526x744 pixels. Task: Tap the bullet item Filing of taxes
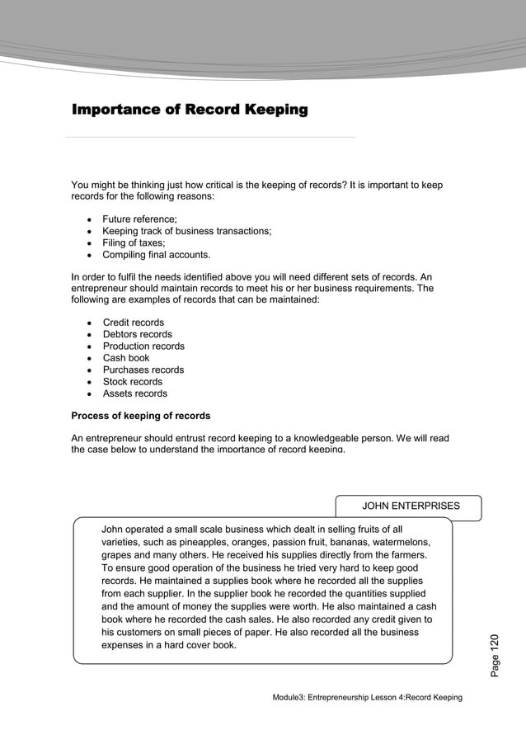click(134, 243)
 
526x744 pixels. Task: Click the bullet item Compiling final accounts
click(156, 254)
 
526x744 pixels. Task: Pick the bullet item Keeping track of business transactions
click(186, 231)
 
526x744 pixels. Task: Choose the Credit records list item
click(133, 323)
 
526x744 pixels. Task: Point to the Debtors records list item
click(137, 334)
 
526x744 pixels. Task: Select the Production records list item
click(143, 346)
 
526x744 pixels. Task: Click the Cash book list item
click(126, 358)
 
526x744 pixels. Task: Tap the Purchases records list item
click(143, 370)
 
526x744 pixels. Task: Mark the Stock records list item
click(133, 382)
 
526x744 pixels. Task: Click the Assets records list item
click(134, 393)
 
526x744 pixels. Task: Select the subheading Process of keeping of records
click(140, 415)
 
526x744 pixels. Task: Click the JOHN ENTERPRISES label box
click(411, 506)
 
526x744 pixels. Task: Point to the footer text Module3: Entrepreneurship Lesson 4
click(367, 698)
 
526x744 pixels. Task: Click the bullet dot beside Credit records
click(88, 323)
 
